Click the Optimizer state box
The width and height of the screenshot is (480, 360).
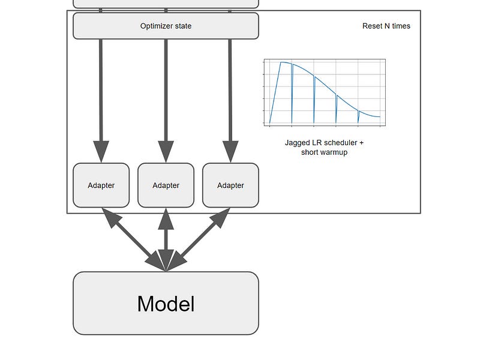pyautogui.click(x=166, y=26)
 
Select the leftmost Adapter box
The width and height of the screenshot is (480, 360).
pyautogui.click(x=101, y=185)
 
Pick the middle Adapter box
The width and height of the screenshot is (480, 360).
pyautogui.click(x=166, y=185)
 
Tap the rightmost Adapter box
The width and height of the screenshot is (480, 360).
pyautogui.click(x=230, y=185)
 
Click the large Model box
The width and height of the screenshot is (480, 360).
pyautogui.click(x=166, y=304)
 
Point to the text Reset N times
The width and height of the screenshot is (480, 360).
pyautogui.click(x=386, y=26)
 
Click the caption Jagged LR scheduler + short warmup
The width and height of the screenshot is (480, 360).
pyautogui.click(x=324, y=148)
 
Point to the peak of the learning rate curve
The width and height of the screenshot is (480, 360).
pyautogui.click(x=281, y=62)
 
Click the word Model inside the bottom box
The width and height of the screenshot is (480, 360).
pyautogui.click(x=166, y=304)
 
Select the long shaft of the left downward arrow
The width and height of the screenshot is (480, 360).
pyautogui.click(x=101, y=90)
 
